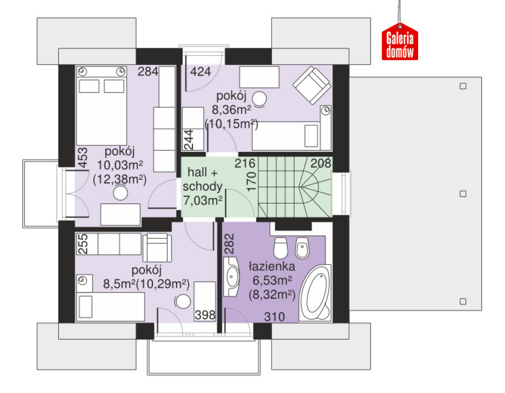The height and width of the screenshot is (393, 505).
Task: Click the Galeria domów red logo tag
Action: (399, 41)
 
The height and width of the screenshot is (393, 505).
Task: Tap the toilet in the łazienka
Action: (280, 248)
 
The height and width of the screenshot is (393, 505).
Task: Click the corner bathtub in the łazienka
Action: (315, 293)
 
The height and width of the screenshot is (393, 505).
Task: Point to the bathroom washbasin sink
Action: (231, 276)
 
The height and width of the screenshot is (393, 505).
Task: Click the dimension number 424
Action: (200, 72)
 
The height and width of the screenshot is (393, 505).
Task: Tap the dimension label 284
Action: (148, 72)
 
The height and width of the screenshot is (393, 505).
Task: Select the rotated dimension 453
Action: (83, 157)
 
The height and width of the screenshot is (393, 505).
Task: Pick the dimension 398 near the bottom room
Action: (205, 315)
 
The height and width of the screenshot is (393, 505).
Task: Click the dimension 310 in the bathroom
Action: (275, 317)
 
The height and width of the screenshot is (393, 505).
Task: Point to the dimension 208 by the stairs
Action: (321, 163)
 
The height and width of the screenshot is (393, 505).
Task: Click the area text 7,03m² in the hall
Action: (203, 200)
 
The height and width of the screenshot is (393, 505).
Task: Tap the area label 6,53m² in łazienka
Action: (272, 280)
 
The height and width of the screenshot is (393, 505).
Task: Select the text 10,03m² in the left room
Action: (120, 165)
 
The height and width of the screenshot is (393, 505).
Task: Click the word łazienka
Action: (272, 267)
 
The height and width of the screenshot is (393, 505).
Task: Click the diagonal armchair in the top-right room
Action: (312, 85)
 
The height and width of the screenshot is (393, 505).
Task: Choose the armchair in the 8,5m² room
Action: (157, 247)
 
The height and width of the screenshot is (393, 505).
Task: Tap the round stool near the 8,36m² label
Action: (259, 99)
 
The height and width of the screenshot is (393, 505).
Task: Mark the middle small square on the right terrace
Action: (463, 194)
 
